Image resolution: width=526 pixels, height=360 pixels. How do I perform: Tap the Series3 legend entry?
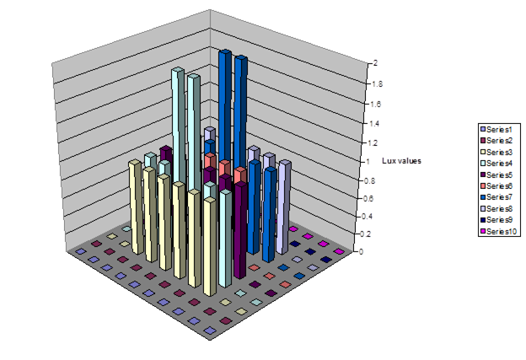click(x=500, y=151)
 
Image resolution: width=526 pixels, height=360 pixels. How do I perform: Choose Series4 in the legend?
click(x=500, y=163)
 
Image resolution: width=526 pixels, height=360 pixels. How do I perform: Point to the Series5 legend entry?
click(x=500, y=174)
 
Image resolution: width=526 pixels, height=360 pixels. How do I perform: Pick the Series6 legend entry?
click(x=500, y=185)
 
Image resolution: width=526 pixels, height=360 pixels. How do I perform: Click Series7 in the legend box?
click(x=500, y=196)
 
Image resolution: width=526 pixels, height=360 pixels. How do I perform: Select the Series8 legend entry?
click(x=500, y=208)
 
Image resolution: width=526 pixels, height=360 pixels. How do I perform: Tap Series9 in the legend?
click(x=500, y=219)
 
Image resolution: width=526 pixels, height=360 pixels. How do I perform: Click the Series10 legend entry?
click(x=502, y=231)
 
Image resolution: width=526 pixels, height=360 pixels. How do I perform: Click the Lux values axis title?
click(x=400, y=160)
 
